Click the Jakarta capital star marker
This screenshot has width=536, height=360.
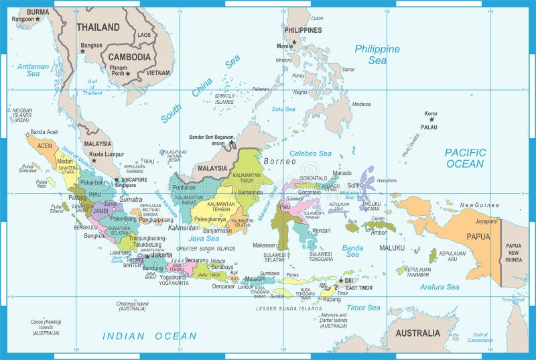tap(147, 256)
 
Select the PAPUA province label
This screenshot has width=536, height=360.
tap(478, 236)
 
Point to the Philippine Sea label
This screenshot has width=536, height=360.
tap(377, 54)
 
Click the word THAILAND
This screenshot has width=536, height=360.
tap(98, 27)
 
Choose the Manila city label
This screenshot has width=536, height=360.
tap(284, 46)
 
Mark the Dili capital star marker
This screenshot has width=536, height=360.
tap(341, 280)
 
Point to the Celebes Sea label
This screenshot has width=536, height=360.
tap(310, 154)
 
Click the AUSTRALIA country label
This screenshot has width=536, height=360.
tap(417, 333)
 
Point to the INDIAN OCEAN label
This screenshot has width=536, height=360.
tap(149, 336)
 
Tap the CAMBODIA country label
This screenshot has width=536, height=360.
tap(130, 57)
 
